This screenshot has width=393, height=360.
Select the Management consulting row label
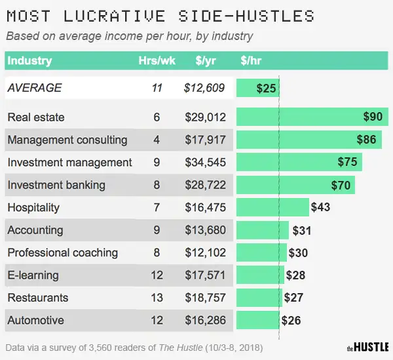tap(67, 140)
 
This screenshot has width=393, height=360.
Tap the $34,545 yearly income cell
tap(205, 162)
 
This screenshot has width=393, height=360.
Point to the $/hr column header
tap(252, 61)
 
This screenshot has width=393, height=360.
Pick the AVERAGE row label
tap(34, 87)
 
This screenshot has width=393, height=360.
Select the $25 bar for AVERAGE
tap(257, 88)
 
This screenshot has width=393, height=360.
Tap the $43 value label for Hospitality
tap(320, 207)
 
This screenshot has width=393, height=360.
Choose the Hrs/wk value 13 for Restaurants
tap(157, 298)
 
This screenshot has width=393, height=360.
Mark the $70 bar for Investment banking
tap(295, 185)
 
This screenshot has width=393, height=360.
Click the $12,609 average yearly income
tap(205, 87)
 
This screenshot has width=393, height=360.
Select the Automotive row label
tap(35, 320)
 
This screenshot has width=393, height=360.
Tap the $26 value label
tap(292, 321)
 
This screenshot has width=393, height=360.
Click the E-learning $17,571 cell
tap(205, 275)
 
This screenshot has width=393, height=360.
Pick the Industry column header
tap(29, 61)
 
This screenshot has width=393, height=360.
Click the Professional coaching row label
tap(62, 252)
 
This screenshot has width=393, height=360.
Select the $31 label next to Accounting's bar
tap(303, 230)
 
